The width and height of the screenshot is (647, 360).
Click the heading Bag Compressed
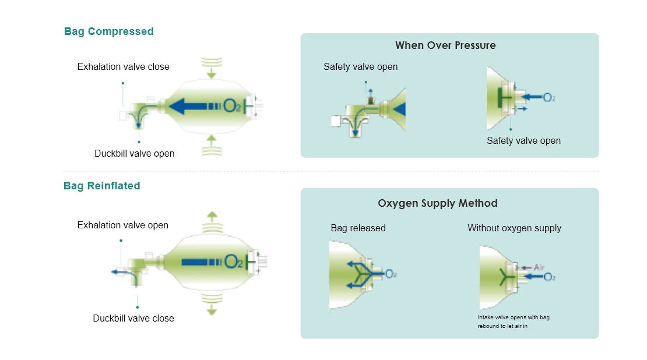(108, 31)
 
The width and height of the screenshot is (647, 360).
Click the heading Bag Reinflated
(102, 186)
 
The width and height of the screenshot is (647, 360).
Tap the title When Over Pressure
(445, 45)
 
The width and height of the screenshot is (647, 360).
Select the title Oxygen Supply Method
(438, 203)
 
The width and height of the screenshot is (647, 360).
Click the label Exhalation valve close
(123, 67)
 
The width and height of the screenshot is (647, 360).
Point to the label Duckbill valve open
(134, 154)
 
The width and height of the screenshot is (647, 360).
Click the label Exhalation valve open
(122, 225)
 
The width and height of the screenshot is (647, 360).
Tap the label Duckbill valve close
(133, 318)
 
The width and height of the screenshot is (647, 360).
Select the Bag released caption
(358, 228)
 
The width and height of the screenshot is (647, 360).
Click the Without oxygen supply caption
(514, 228)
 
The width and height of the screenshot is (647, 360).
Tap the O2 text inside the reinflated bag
(233, 262)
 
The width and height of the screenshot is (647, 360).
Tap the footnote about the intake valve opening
(513, 322)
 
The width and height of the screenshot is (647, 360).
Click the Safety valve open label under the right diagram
(523, 140)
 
